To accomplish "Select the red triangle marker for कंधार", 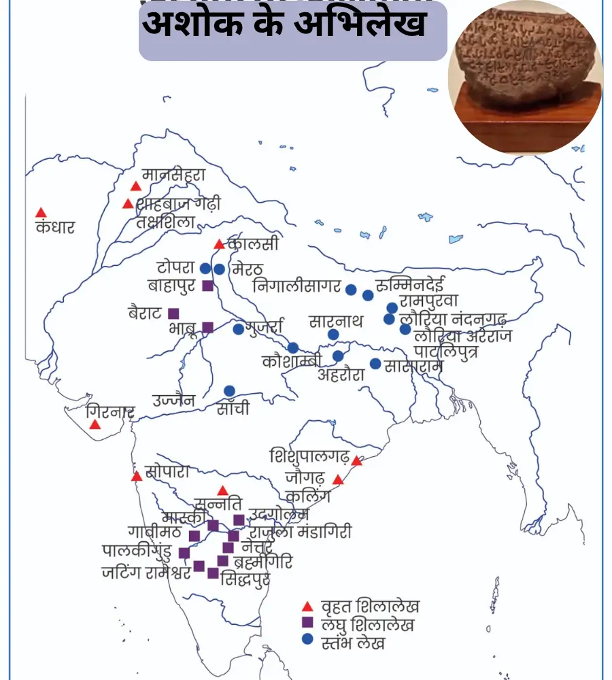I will click(x=41, y=213).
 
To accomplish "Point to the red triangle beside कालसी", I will click(x=219, y=244).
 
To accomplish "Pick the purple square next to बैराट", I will click(x=173, y=313).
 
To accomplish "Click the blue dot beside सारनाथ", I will click(x=333, y=334).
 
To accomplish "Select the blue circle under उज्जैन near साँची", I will click(x=229, y=390).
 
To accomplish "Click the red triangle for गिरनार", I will click(x=95, y=424).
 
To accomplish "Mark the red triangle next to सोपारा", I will click(x=137, y=476).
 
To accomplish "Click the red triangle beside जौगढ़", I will click(x=338, y=479).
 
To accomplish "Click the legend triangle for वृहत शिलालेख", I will click(x=307, y=605).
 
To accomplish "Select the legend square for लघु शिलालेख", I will click(x=307, y=622).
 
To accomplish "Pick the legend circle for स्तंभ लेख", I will click(x=307, y=639).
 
